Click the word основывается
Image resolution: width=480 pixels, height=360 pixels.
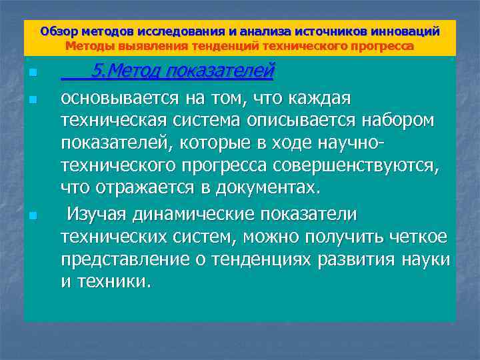pyautogui.click(x=116, y=99)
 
